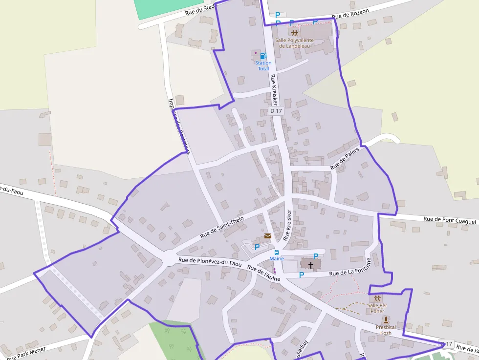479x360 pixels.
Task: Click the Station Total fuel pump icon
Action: pos(263,56)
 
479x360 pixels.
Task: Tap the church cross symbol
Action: pos(310,264)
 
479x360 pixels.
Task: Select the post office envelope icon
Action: pos(267,236)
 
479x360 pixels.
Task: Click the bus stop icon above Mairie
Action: pos(277,253)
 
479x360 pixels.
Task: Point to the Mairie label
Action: pos(277,259)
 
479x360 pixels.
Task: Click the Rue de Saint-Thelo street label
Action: pos(222,227)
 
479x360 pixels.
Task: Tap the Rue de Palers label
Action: pos(345,159)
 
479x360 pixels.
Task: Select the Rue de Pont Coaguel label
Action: pos(449,221)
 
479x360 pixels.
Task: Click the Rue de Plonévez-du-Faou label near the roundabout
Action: pos(210,262)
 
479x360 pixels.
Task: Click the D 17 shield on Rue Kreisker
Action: pos(276,111)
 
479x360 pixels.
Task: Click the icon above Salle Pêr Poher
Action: pos(377,297)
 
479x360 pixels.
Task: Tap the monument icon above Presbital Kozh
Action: pos(385,319)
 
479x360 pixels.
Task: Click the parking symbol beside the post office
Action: pos(257,247)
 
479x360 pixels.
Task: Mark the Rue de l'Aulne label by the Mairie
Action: pos(263,274)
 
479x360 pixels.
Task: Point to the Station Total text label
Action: pos(263,66)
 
